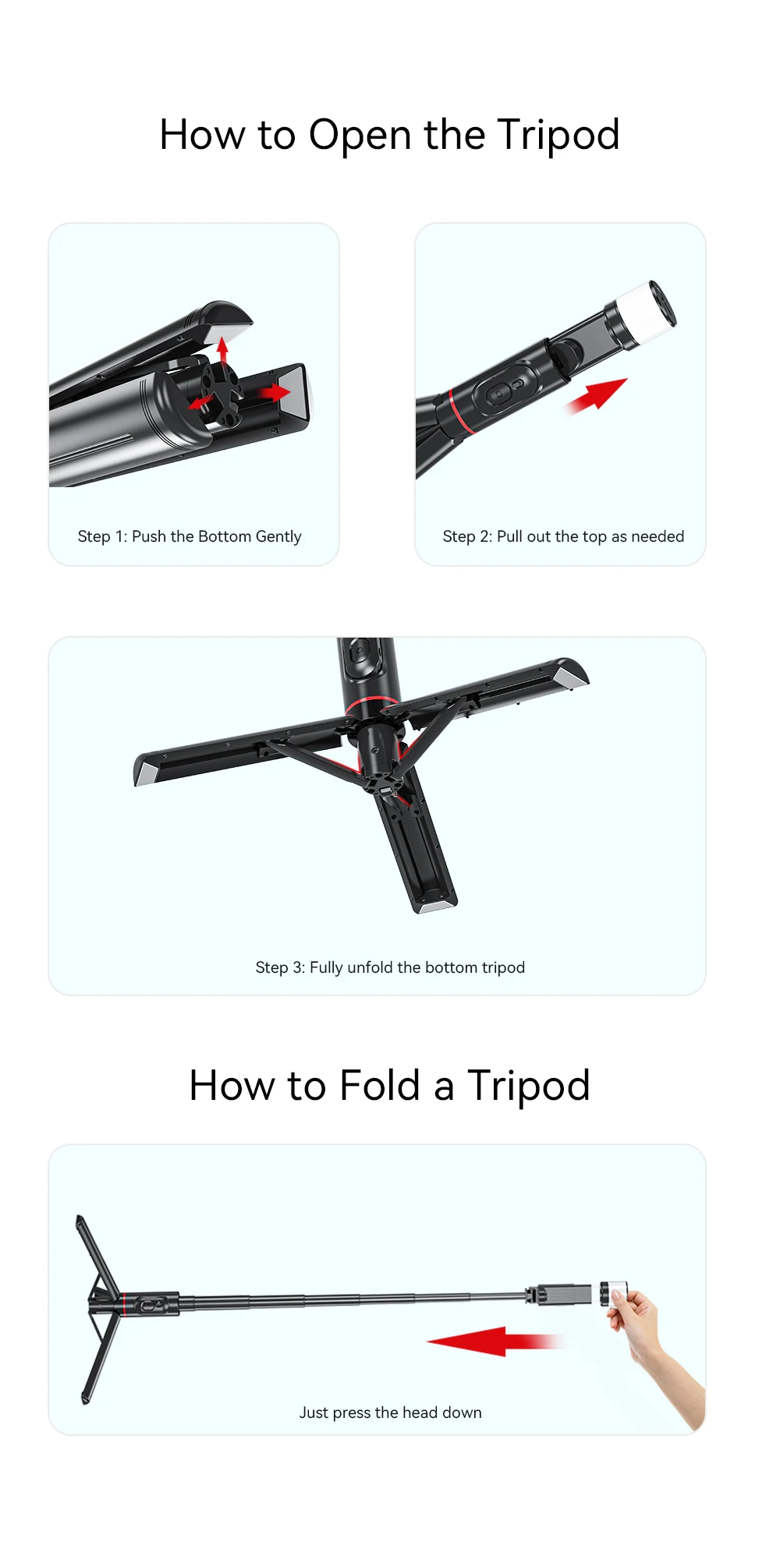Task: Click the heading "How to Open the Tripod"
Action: click(x=389, y=135)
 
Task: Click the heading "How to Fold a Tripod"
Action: click(x=389, y=1085)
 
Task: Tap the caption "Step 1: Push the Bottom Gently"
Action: click(x=190, y=536)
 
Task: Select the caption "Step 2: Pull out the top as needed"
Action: click(x=563, y=536)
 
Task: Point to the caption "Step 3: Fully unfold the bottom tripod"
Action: click(x=390, y=967)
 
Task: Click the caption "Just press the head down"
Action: click(x=390, y=1412)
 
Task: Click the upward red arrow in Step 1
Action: click(x=223, y=351)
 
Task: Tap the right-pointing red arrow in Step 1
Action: click(x=275, y=392)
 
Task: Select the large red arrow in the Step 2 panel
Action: click(x=596, y=395)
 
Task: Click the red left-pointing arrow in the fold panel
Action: click(x=493, y=1341)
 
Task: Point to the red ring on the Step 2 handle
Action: click(x=460, y=411)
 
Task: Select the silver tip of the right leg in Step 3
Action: click(x=576, y=675)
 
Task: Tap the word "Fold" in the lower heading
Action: click(x=380, y=1085)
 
